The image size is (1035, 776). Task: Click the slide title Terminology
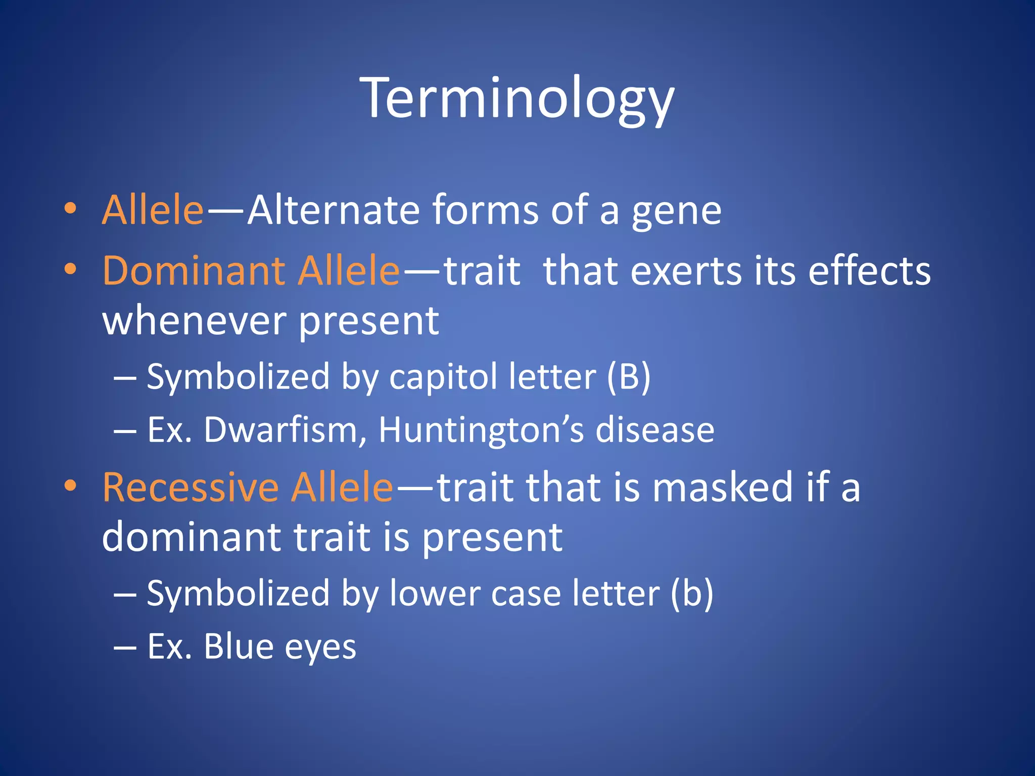[517, 99]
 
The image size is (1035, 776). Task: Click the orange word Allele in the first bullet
[153, 210]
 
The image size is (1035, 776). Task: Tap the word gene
[676, 211]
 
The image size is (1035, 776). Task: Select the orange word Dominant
[193, 271]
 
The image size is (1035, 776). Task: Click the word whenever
[194, 321]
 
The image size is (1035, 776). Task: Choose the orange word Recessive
[191, 488]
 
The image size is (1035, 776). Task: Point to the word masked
[722, 488]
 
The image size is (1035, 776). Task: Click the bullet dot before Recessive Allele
[70, 486]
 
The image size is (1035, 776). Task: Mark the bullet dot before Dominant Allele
[70, 270]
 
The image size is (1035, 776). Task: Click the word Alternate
[333, 210]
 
